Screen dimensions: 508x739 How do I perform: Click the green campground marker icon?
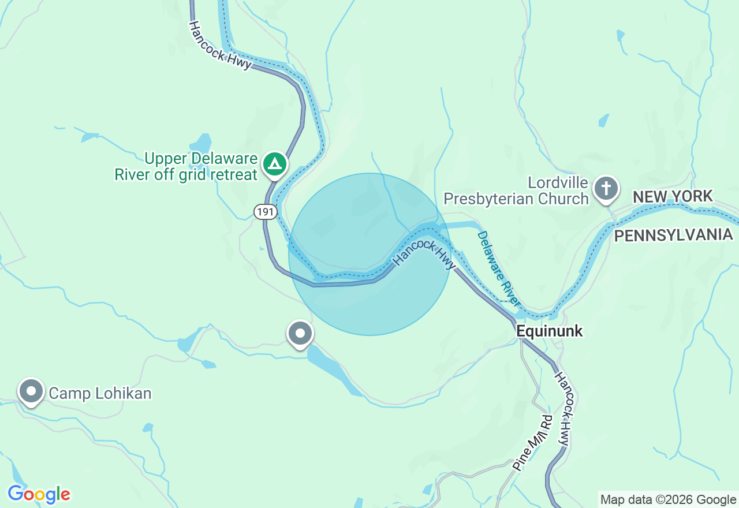click(275, 164)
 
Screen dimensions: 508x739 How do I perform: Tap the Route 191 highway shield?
click(265, 212)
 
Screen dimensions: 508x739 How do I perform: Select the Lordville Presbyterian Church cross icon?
click(606, 188)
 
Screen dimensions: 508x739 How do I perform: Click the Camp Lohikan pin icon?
click(31, 391)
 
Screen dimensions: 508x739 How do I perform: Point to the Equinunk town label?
click(550, 331)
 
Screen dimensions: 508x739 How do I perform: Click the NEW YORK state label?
click(673, 197)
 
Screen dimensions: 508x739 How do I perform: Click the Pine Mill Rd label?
click(532, 443)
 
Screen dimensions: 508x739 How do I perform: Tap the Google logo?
click(39, 495)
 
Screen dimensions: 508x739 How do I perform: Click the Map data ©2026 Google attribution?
click(668, 500)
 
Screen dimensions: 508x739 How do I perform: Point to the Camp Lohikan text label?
click(100, 394)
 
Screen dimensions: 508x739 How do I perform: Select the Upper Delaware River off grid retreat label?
click(186, 166)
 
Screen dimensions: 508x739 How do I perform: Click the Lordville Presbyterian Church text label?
click(516, 191)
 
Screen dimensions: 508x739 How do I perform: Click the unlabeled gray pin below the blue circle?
click(300, 334)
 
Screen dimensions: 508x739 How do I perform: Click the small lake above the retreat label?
click(201, 143)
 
